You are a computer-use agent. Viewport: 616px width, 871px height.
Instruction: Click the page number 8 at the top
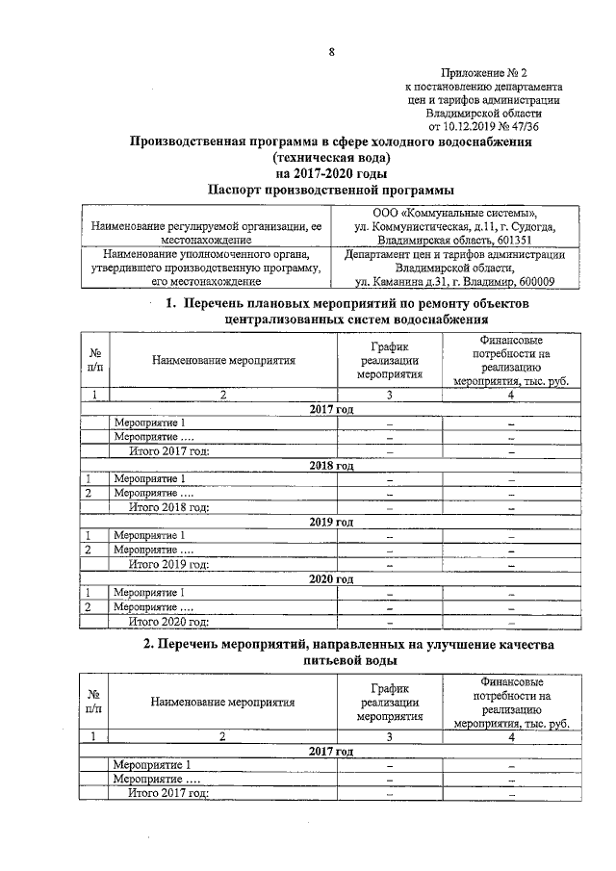click(x=330, y=52)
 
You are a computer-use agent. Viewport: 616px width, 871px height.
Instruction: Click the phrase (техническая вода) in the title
click(x=331, y=158)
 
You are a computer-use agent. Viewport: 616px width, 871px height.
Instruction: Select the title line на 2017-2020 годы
click(x=331, y=174)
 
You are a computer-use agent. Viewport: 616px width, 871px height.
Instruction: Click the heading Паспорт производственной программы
click(x=331, y=191)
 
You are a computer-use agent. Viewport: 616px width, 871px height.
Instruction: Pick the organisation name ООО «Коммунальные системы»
click(x=455, y=212)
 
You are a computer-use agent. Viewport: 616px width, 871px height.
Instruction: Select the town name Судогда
click(x=521, y=226)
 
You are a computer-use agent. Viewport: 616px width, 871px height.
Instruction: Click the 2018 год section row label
click(x=331, y=465)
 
